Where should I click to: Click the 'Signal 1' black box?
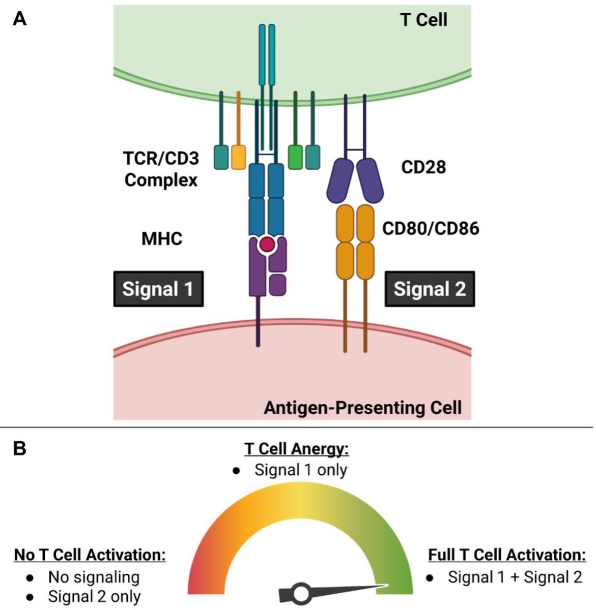(158, 289)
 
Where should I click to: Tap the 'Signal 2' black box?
(430, 289)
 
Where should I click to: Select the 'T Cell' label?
(423, 20)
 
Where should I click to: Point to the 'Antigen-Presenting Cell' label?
(362, 408)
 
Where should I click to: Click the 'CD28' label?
(423, 167)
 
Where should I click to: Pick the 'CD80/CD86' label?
(431, 228)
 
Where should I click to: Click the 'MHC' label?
(162, 238)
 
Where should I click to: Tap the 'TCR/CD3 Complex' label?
(161, 169)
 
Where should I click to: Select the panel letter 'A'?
(19, 19)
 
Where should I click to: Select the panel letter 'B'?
(19, 449)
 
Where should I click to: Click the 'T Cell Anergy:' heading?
(297, 449)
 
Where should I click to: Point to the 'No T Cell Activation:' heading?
(90, 555)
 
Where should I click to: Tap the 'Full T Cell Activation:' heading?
(507, 555)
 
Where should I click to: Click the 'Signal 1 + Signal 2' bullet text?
(515, 577)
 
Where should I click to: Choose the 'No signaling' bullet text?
(94, 577)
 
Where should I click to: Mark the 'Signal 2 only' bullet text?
(94, 596)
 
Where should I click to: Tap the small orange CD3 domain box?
(238, 157)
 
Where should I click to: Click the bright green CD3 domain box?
(295, 157)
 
